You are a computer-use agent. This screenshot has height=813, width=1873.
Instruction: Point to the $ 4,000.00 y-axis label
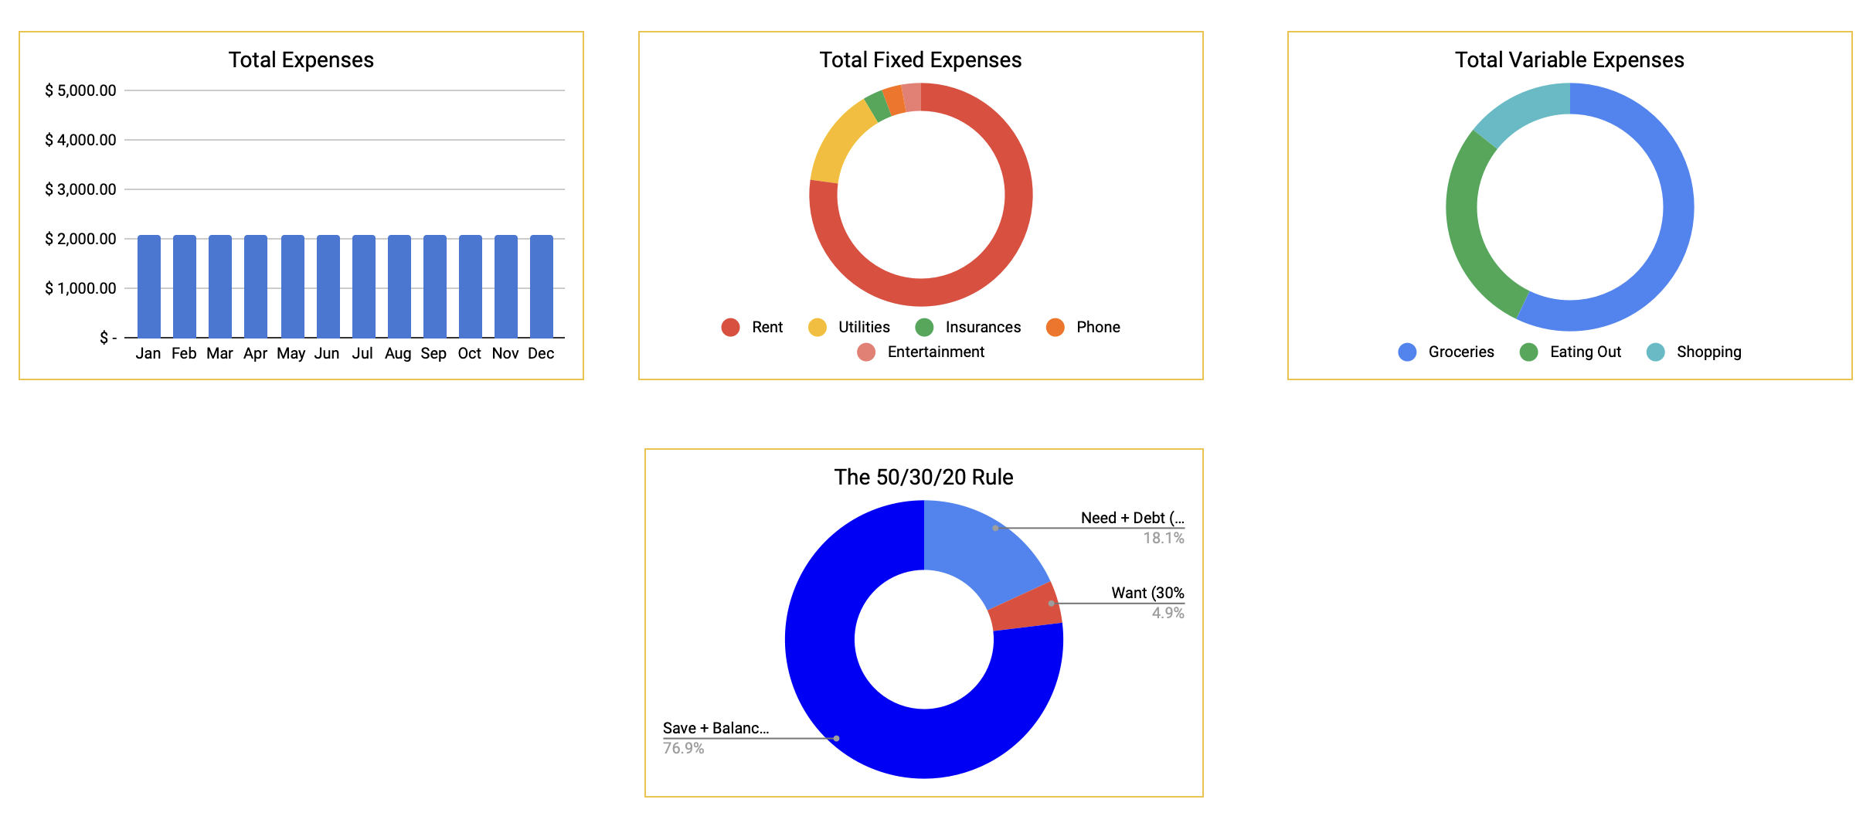click(x=80, y=140)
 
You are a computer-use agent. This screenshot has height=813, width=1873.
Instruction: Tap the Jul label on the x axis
click(x=362, y=353)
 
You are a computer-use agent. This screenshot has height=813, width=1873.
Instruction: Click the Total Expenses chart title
click(x=301, y=60)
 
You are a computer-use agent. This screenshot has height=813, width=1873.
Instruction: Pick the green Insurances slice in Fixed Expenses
click(x=877, y=106)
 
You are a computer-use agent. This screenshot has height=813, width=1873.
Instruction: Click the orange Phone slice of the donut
click(x=894, y=100)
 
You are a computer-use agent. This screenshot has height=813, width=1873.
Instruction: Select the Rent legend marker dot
click(x=730, y=327)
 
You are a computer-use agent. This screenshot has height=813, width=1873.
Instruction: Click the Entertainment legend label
click(x=936, y=352)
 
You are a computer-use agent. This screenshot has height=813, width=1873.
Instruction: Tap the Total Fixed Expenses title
click(x=920, y=60)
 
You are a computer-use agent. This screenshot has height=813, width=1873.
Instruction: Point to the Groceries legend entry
click(x=1460, y=352)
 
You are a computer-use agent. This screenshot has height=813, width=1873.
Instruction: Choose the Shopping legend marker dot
click(x=1655, y=352)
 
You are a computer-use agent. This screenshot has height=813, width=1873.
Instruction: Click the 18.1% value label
click(x=1163, y=538)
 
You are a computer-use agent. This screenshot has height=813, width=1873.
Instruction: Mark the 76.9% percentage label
click(x=684, y=748)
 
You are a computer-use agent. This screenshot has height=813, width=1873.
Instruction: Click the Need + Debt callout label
click(x=1132, y=518)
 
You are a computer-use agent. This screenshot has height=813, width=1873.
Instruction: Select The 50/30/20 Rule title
click(x=923, y=478)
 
